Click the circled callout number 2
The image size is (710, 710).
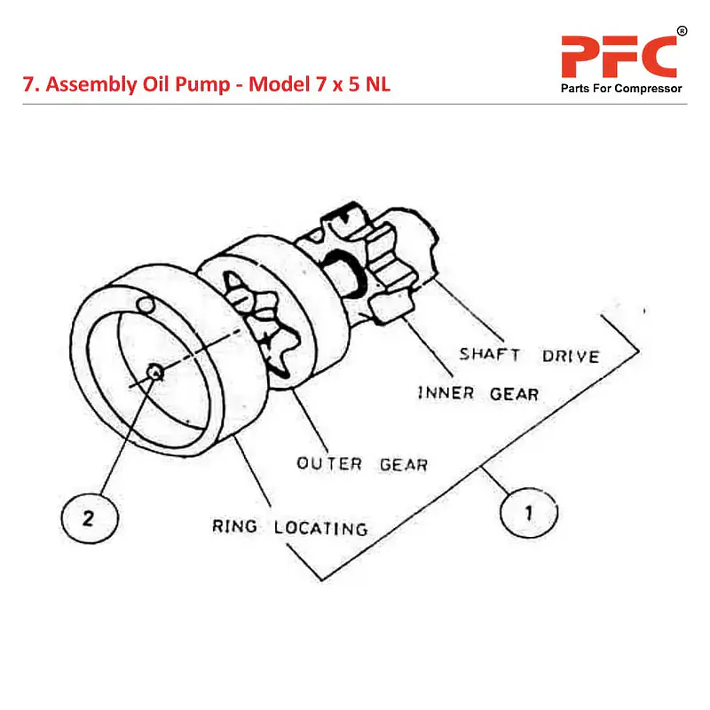(x=88, y=518)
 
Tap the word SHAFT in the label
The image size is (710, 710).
(x=489, y=354)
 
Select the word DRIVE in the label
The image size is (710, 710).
(x=570, y=356)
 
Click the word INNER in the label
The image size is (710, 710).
(x=446, y=392)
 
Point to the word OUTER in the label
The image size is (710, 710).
(x=329, y=463)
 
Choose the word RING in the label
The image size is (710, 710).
(x=234, y=525)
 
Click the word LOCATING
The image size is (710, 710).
(x=319, y=528)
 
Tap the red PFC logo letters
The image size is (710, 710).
(x=619, y=57)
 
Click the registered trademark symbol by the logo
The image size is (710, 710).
(x=682, y=32)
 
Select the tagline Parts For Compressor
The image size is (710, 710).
(x=620, y=89)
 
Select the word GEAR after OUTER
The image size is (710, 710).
(x=403, y=464)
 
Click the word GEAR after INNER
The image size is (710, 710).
(x=514, y=393)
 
